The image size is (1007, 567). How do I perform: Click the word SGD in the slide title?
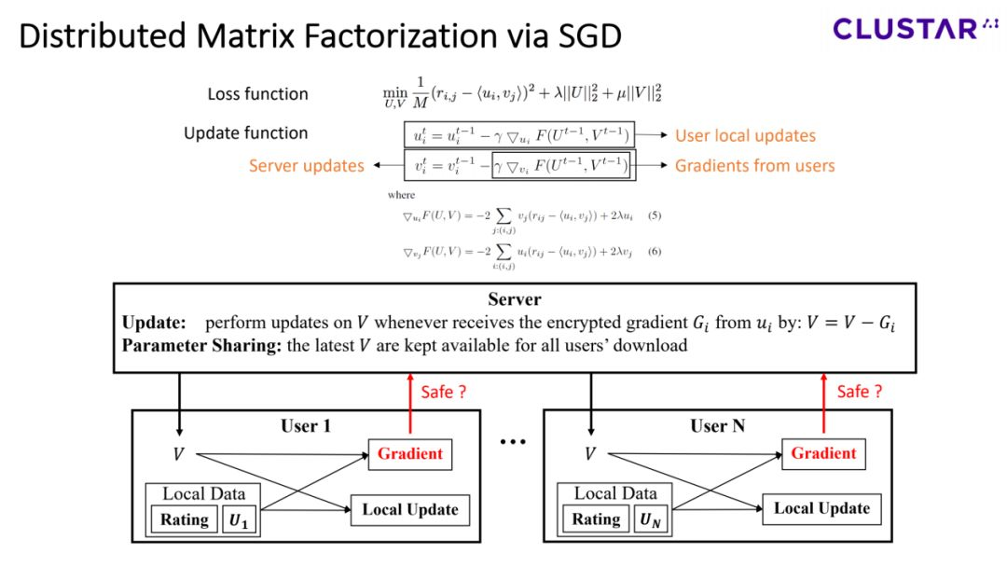[579, 36]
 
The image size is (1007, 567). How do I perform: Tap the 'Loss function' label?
[257, 93]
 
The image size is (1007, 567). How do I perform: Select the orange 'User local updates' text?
[745, 135]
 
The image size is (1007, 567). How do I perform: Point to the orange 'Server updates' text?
[306, 166]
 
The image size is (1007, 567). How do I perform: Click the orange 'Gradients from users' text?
[754, 166]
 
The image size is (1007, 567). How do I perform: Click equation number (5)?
[655, 215]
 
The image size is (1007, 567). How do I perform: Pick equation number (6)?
[655, 252]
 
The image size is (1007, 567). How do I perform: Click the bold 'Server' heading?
[515, 299]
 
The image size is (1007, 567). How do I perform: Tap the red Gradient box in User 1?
[409, 453]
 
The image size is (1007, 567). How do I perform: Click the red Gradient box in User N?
[823, 453]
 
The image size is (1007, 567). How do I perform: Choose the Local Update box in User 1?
[409, 509]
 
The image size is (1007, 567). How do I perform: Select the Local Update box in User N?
[821, 508]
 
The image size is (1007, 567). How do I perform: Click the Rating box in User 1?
[184, 519]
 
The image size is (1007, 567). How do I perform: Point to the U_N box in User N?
[650, 519]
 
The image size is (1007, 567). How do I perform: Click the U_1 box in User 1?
[240, 519]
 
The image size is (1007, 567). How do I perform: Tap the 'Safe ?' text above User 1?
[442, 392]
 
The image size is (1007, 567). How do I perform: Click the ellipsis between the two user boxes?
[514, 442]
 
